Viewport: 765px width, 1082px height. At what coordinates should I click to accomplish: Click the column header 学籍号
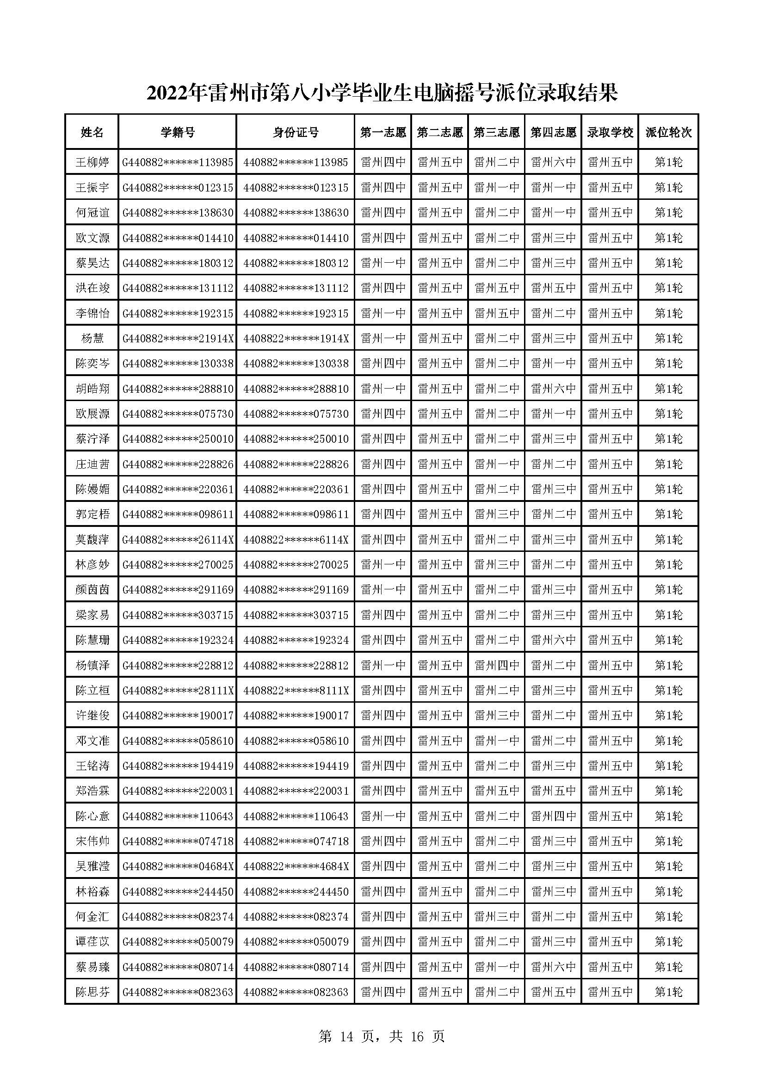[177, 132]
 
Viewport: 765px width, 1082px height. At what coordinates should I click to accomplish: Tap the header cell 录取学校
[610, 132]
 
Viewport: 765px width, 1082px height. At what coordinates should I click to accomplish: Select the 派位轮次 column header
[668, 132]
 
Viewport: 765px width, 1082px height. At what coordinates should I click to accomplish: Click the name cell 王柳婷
[93, 162]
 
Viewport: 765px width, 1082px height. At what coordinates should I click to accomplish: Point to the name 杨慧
[93, 338]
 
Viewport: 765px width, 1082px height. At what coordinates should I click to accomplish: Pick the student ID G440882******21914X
[178, 338]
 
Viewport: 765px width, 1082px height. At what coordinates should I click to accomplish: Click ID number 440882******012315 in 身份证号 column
[296, 187]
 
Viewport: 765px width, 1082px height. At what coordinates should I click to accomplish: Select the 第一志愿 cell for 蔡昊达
[383, 263]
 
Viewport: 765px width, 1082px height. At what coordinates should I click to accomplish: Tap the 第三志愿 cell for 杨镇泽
[496, 665]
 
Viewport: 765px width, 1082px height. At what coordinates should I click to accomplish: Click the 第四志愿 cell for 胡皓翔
[554, 389]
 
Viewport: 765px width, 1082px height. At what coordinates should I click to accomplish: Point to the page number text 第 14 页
[349, 1036]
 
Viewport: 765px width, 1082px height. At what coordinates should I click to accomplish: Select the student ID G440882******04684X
[178, 866]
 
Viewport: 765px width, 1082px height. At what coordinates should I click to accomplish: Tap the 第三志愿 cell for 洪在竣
[496, 288]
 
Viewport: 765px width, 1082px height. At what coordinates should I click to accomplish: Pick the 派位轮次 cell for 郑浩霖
[668, 791]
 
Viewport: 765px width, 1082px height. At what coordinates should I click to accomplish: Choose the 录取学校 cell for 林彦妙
[610, 564]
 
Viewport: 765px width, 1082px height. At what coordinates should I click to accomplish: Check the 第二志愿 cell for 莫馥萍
[440, 539]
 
